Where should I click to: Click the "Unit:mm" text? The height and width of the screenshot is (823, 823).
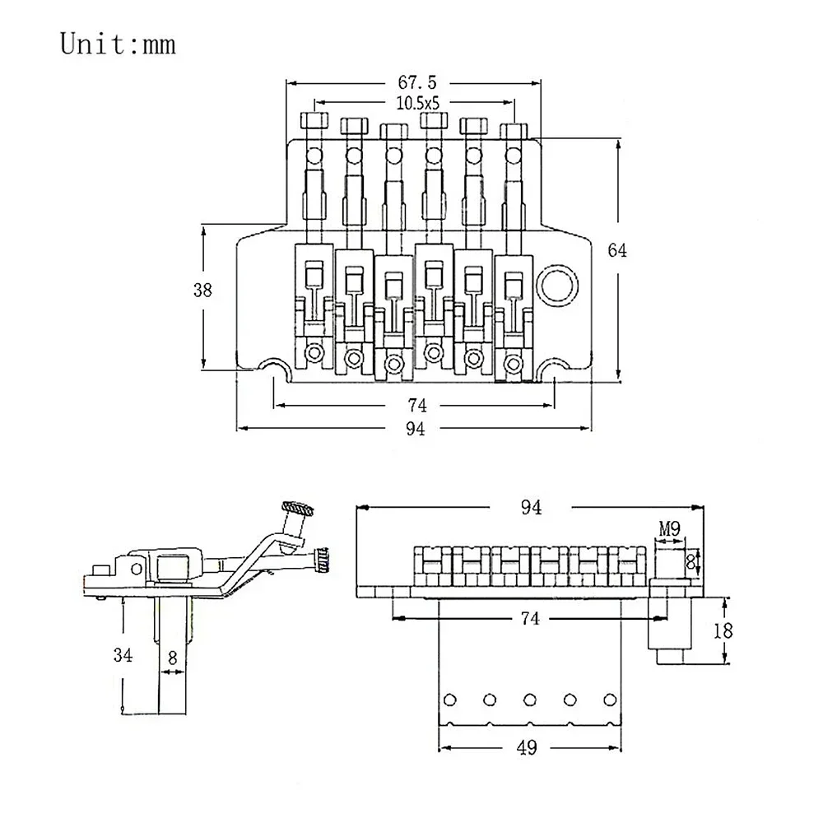(118, 44)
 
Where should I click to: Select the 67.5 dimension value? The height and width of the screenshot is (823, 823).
(415, 82)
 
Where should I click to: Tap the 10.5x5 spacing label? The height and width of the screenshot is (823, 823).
(415, 104)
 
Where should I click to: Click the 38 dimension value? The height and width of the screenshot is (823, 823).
(202, 290)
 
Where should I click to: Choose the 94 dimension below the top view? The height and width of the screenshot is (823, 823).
(415, 428)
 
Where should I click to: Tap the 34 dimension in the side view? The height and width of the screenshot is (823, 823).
(123, 655)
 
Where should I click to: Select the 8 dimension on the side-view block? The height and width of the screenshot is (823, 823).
(171, 658)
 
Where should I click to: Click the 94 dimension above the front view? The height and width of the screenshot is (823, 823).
(531, 508)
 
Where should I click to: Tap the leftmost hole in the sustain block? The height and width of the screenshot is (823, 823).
(450, 700)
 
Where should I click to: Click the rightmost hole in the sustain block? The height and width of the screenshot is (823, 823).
(609, 700)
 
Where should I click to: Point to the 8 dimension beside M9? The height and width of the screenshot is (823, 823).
(691, 561)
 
